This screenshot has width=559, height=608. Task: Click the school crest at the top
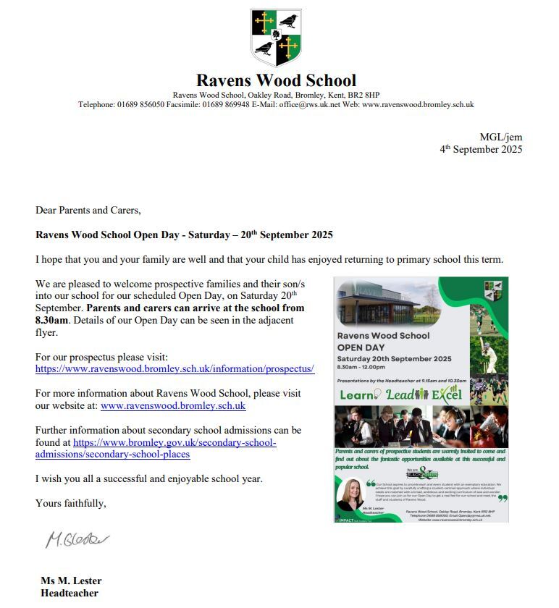[276, 37]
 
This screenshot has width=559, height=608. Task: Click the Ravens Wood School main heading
[276, 80]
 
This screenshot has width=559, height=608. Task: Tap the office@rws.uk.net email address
[310, 104]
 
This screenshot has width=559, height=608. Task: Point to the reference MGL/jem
[500, 138]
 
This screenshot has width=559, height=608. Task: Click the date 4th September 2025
[481, 150]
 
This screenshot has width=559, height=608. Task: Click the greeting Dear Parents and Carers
[88, 211]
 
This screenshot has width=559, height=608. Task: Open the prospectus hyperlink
[175, 369]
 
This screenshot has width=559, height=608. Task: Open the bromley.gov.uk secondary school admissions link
[156, 448]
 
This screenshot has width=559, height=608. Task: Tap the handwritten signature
[77, 539]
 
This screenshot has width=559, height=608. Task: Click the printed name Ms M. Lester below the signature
[71, 580]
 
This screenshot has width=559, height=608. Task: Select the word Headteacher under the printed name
[70, 594]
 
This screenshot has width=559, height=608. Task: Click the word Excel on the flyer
[447, 395]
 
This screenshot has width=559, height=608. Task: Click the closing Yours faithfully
[70, 503]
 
